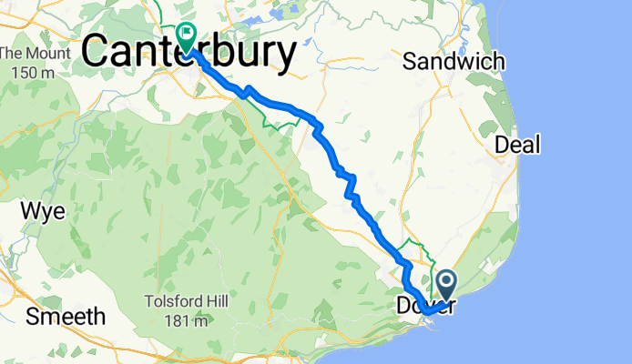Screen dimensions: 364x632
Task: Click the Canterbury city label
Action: [x=189, y=53]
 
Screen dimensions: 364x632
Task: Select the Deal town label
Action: [x=517, y=144]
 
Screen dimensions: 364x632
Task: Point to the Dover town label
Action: [x=424, y=306]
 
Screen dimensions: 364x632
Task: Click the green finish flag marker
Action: [x=186, y=36]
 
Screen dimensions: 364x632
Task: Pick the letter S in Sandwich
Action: [x=410, y=62]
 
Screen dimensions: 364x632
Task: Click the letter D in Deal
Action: [x=502, y=144]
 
